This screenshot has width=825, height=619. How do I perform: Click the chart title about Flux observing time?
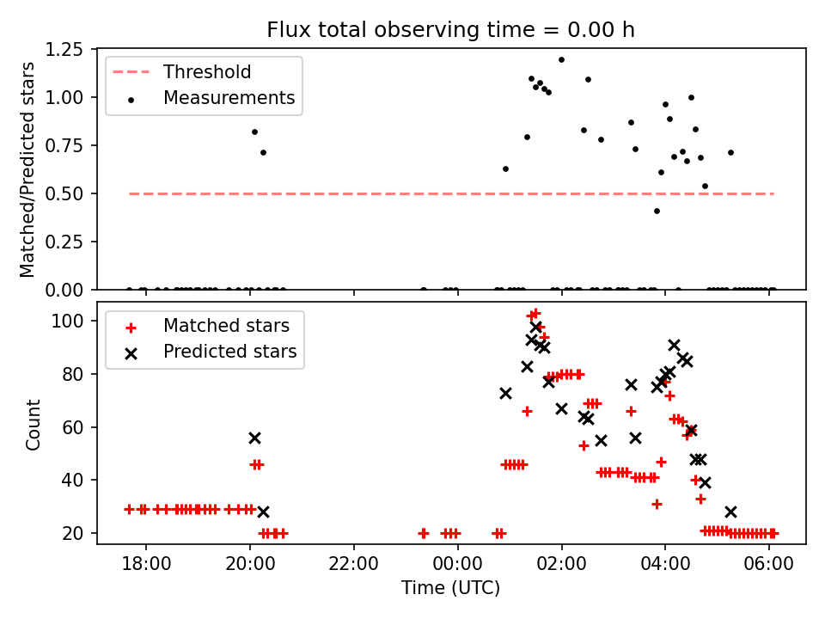coord(451,30)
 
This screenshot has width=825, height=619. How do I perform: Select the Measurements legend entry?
coord(229,98)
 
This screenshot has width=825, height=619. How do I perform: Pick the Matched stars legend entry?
coord(226,326)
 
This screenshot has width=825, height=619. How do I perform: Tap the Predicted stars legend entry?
coord(229,352)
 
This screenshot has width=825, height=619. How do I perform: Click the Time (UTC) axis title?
coord(451,588)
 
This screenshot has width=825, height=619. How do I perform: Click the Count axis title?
coord(34,424)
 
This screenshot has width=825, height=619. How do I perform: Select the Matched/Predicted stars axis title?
coord(27,169)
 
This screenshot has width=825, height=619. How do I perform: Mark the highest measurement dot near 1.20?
coord(561,60)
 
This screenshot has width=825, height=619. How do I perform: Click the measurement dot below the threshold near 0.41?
coord(657,211)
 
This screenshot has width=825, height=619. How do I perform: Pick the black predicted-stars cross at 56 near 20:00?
coord(254,438)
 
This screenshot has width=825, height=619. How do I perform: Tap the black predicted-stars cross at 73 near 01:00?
coord(505,393)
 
